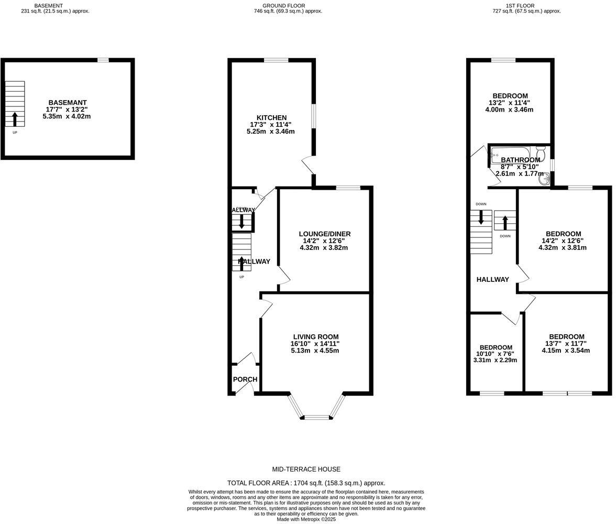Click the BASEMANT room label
[68, 103]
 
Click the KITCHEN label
[271, 117]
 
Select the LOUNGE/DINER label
[325, 234]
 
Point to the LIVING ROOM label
[316, 337]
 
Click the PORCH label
[245, 379]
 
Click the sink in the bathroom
[544, 179]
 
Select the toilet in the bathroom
[541, 154]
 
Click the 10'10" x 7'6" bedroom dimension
[495, 354]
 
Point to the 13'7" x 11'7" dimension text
[567, 344]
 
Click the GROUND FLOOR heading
[284, 5]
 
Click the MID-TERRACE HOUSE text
[306, 470]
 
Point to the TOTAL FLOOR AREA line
[306, 483]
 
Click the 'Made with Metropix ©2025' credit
[306, 520]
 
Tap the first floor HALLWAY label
[492, 279]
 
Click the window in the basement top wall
[103, 60]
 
